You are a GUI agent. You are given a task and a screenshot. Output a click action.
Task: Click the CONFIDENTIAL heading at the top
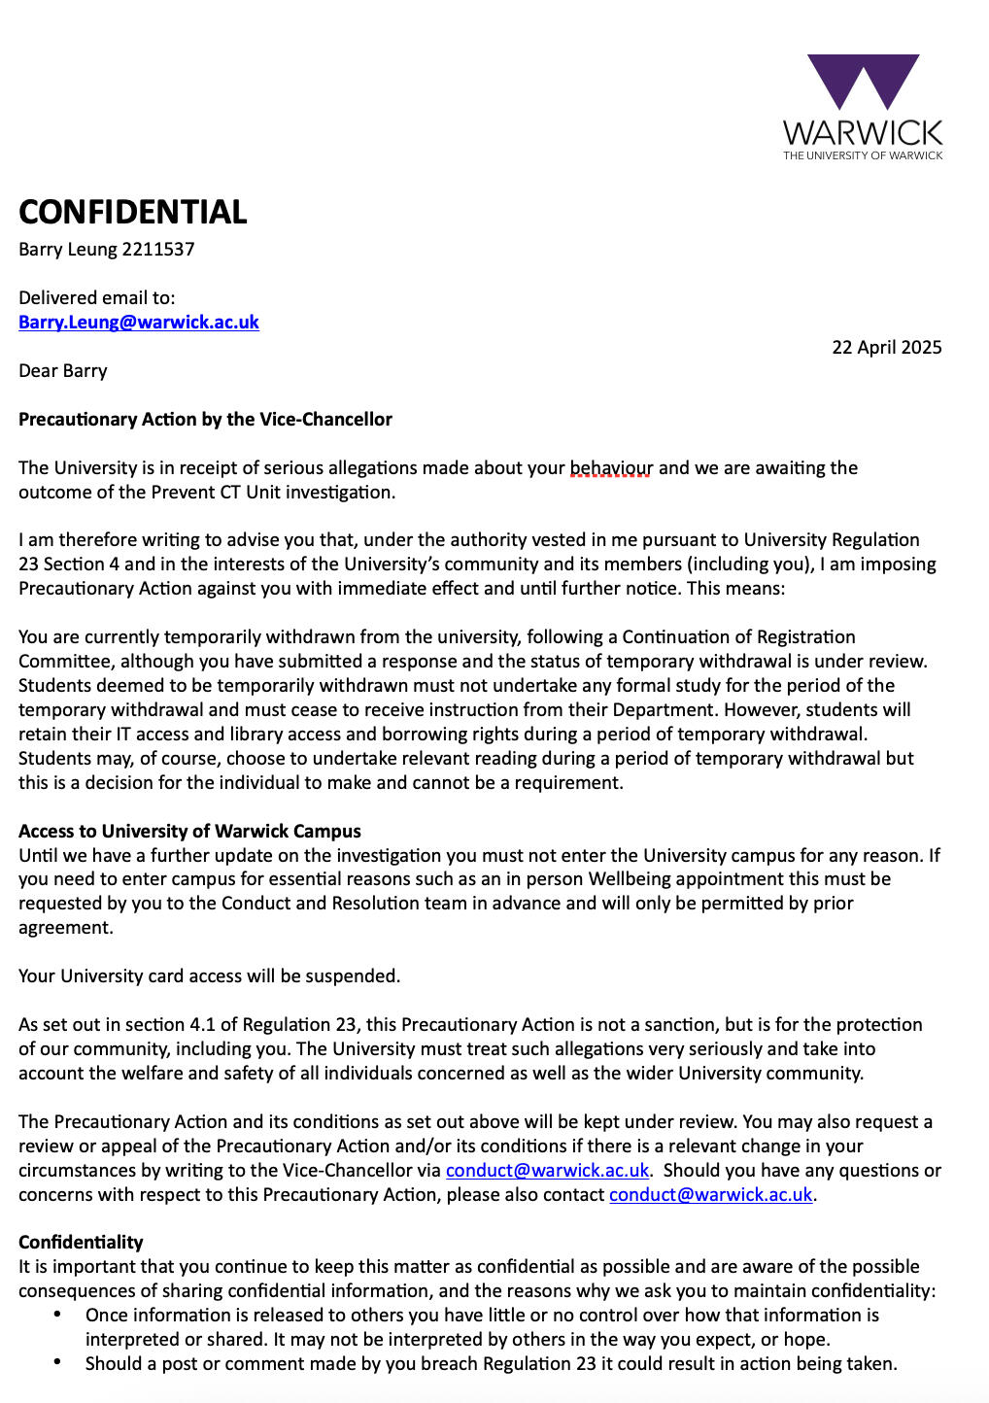pyautogui.click(x=133, y=212)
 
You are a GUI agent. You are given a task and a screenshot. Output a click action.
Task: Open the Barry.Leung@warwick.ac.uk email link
pyautogui.click(x=139, y=323)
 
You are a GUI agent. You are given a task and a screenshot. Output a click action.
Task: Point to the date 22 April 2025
pyautogui.click(x=886, y=348)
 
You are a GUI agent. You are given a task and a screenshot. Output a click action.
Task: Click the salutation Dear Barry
pyautogui.click(x=63, y=371)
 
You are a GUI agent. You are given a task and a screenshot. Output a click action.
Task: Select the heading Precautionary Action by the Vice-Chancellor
pyautogui.click(x=205, y=420)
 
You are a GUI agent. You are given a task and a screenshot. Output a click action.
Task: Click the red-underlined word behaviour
pyautogui.click(x=611, y=468)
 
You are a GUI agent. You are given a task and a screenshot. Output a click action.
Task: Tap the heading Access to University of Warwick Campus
pyautogui.click(x=189, y=832)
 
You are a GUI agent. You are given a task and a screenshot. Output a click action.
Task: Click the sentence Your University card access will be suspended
pyautogui.click(x=209, y=976)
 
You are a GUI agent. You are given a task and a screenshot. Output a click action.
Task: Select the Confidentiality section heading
pyautogui.click(x=81, y=1243)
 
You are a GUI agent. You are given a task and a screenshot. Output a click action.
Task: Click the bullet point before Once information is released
pyautogui.click(x=58, y=1315)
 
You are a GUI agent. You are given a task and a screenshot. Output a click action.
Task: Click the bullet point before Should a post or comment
pyautogui.click(x=58, y=1363)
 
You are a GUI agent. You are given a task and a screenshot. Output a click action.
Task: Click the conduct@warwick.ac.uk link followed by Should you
pyautogui.click(x=547, y=1171)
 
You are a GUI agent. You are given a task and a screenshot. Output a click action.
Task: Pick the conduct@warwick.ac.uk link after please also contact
pyautogui.click(x=710, y=1195)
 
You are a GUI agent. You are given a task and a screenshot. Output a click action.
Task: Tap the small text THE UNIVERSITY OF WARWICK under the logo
pyautogui.click(x=863, y=155)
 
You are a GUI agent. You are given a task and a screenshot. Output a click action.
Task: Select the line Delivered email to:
pyautogui.click(x=97, y=298)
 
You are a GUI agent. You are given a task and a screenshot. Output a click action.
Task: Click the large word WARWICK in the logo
pyautogui.click(x=863, y=133)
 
